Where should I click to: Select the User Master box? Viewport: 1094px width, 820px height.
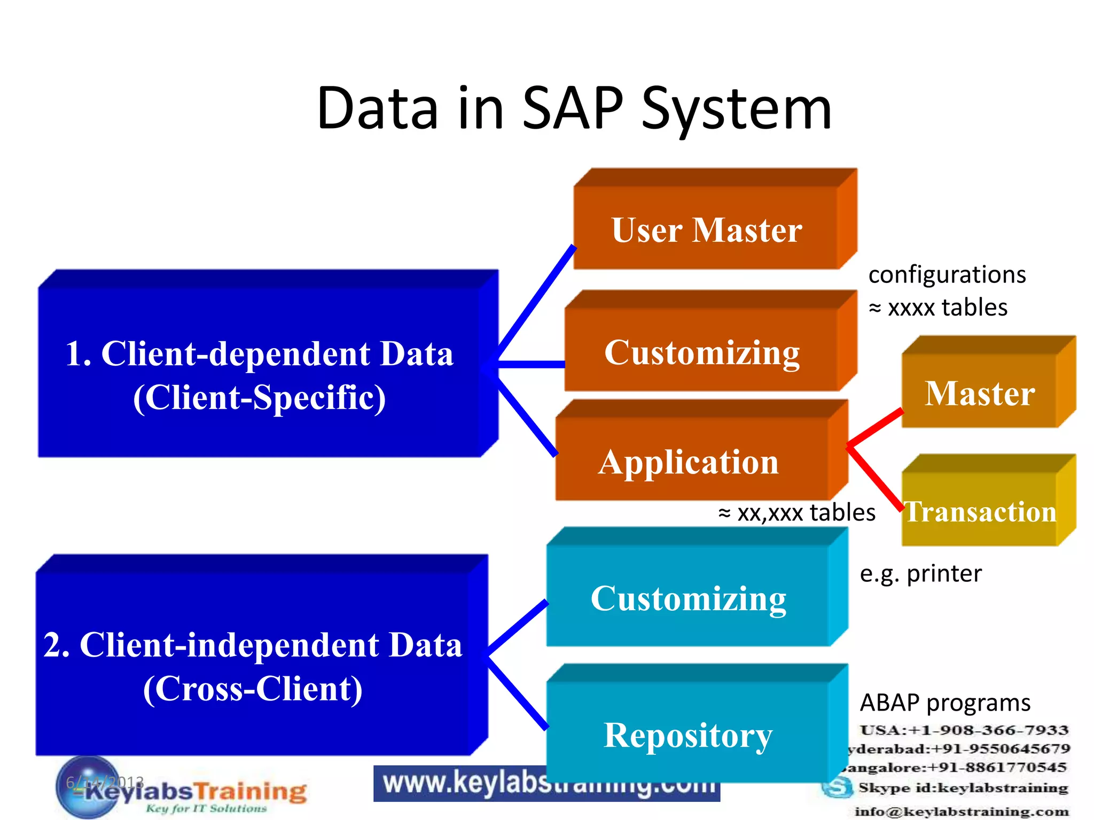(x=706, y=230)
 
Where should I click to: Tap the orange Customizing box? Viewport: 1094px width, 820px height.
(x=701, y=352)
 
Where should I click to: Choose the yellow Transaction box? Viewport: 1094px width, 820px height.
(x=980, y=511)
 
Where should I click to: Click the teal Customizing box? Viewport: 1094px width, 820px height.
(x=688, y=597)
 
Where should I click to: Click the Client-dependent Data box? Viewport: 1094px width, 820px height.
(x=260, y=374)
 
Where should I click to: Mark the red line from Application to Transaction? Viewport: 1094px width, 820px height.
(x=875, y=476)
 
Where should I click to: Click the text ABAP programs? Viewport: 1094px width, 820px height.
(x=945, y=703)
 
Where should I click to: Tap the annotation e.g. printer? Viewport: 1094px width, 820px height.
(x=920, y=573)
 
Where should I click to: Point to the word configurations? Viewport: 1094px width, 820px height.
(x=947, y=274)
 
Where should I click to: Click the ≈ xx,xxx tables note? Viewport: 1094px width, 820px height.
(x=797, y=512)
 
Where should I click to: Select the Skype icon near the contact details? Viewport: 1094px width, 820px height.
(x=837, y=788)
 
